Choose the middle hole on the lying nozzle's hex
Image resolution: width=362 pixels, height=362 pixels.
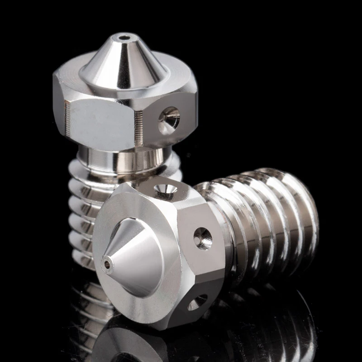tap(203, 238)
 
